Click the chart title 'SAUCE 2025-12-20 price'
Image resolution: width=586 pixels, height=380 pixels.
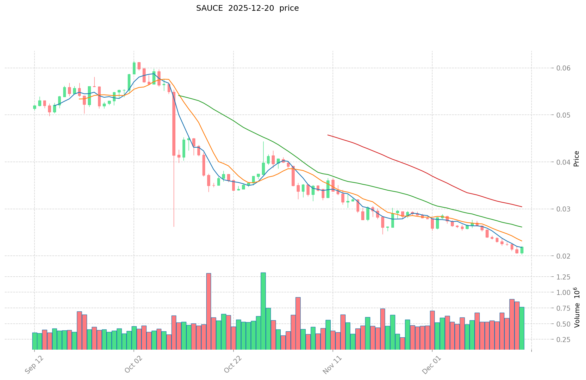tap(247, 8)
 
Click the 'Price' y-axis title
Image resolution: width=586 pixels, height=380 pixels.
tap(576, 159)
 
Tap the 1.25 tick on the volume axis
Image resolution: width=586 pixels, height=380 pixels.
tap(559, 277)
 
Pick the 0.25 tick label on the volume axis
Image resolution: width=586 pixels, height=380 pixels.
tap(559, 340)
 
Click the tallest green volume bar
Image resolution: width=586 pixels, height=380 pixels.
tap(263, 311)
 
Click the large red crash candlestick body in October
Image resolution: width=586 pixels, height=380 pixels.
tap(174, 123)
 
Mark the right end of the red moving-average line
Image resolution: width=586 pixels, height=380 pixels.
tap(521, 207)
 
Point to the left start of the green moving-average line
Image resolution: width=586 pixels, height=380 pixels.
tap(179, 95)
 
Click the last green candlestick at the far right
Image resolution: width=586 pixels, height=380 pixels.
tap(522, 250)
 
